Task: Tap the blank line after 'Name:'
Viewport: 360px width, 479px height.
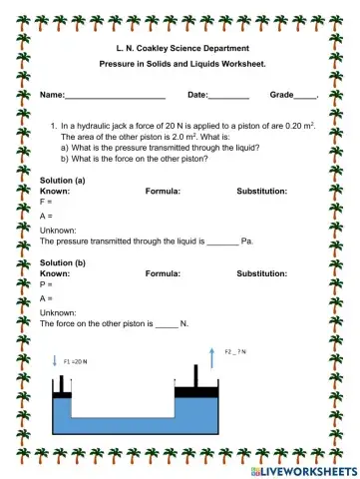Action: pos(115,96)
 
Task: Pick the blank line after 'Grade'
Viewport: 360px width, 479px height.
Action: pos(305,96)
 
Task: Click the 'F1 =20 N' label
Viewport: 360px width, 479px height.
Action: pos(76,361)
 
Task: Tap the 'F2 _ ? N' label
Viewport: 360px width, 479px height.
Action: pos(236,351)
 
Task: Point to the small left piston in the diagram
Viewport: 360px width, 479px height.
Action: pos(61,392)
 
